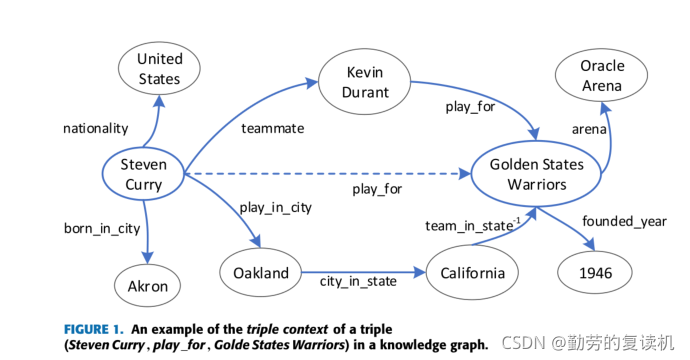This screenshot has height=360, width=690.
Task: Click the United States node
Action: click(x=159, y=68)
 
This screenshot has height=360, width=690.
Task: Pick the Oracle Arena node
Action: click(x=602, y=76)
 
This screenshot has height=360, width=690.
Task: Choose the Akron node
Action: click(x=148, y=287)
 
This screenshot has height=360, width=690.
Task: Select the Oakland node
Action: click(x=261, y=273)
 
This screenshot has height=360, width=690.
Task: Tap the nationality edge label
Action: click(x=95, y=128)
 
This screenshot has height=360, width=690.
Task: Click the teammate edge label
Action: click(x=272, y=128)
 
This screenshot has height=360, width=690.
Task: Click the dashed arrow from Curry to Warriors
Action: click(x=320, y=174)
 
